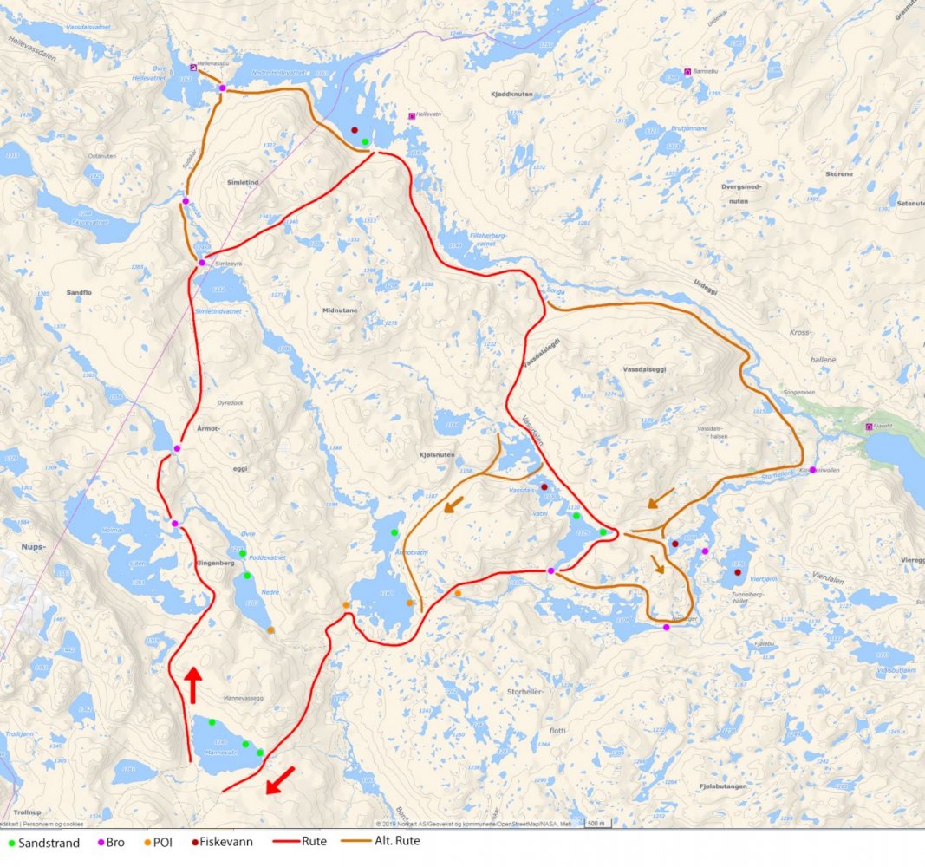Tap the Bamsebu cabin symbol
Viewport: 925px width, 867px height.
[687, 71]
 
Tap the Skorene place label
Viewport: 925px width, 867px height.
[839, 173]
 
